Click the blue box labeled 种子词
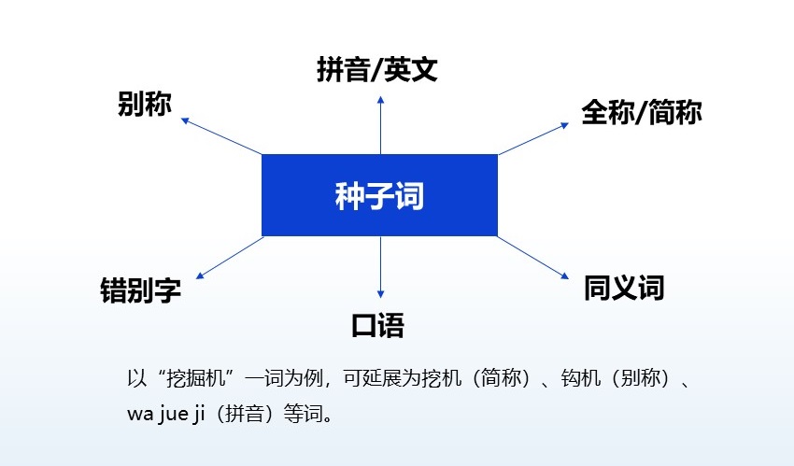point(379,195)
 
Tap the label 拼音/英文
point(377,70)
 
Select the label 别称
point(145,104)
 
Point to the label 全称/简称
point(641,113)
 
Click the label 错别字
point(140,289)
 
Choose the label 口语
point(377,325)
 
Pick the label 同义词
point(623,287)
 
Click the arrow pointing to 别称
point(220,136)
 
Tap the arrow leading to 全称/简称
point(532,138)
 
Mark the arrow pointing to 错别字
point(230,257)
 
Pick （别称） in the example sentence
point(633,380)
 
